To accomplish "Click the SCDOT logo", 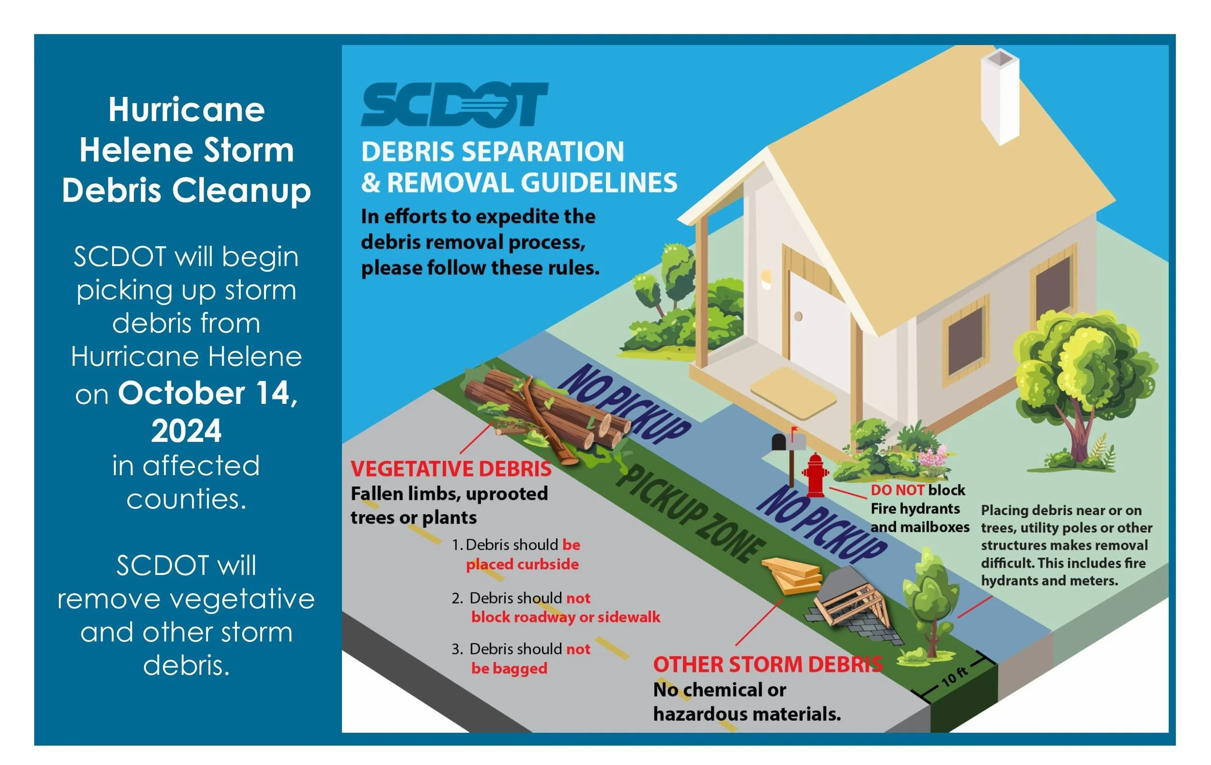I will click(x=454, y=105).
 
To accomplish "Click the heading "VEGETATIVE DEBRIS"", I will click(x=451, y=469).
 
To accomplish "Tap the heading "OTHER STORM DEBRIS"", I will click(x=767, y=665).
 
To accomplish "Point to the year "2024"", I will click(x=186, y=431).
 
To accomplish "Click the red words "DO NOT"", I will click(x=897, y=490).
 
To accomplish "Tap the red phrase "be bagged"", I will click(x=509, y=669).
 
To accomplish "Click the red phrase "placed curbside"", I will click(x=522, y=564).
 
